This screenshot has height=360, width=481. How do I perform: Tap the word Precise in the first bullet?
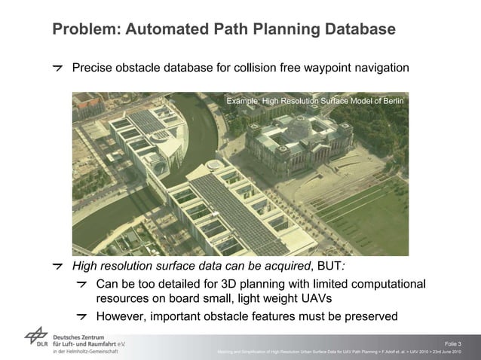pyautogui.click(x=93, y=69)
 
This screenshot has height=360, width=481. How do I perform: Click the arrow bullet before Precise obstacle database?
pyautogui.click(x=57, y=69)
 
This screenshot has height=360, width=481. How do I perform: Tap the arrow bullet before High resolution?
pyautogui.click(x=57, y=266)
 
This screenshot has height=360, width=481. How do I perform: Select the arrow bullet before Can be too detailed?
pyautogui.click(x=82, y=284)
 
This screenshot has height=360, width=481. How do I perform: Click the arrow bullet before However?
pyautogui.click(x=82, y=316)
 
